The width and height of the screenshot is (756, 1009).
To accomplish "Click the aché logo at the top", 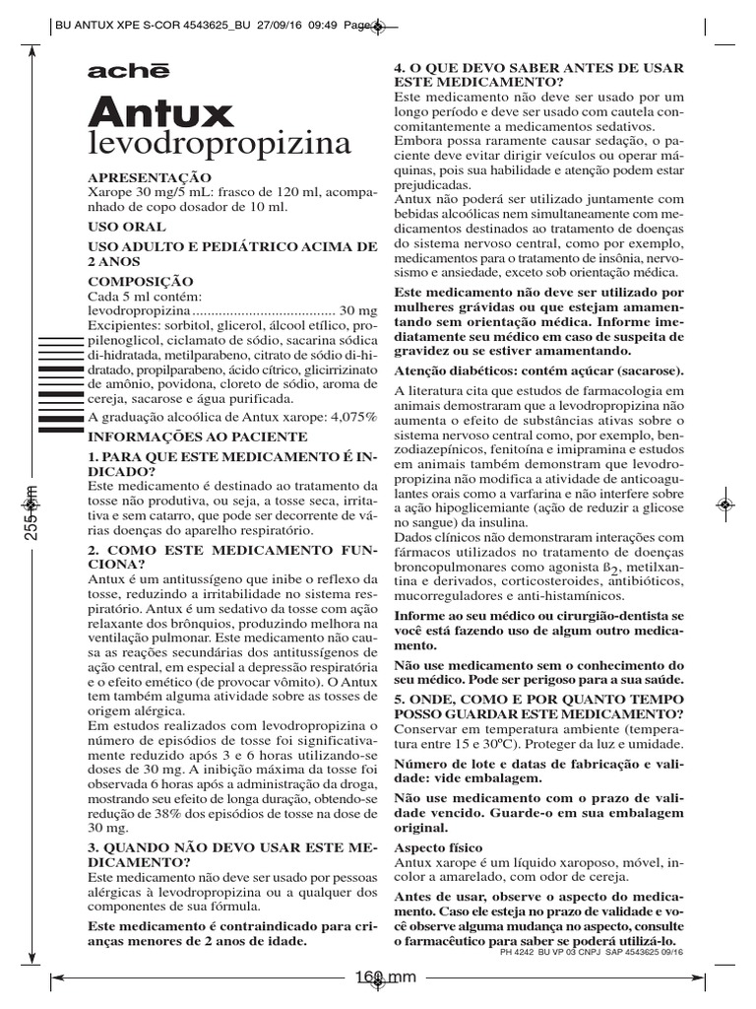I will (128, 72).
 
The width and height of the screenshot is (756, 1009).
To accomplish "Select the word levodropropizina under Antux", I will (220, 145).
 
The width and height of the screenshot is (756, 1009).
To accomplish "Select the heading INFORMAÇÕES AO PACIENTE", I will (204, 435).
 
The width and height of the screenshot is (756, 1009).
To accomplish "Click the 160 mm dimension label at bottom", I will (385, 977).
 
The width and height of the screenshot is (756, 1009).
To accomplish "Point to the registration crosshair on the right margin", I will (724, 504).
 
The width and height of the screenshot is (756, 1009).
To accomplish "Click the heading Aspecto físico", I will (438, 847).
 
